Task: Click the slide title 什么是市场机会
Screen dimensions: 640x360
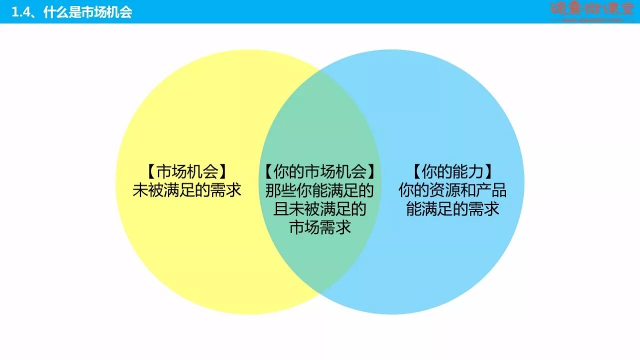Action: point(87,12)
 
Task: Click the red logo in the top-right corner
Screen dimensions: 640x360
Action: point(592,8)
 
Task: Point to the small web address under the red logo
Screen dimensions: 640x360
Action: point(592,20)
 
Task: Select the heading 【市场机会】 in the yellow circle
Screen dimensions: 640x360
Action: point(187,172)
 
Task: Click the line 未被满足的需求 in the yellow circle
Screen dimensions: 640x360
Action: point(187,190)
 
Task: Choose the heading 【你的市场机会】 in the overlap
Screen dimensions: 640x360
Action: point(320,172)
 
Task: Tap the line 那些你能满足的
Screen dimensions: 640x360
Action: point(320,190)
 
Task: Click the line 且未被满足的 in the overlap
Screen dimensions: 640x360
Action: point(320,208)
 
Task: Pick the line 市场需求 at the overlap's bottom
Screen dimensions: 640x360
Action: point(320,227)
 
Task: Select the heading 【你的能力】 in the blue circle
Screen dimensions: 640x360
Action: point(452,172)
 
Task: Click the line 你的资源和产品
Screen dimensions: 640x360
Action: point(452,190)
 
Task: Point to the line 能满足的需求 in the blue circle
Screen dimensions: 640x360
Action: point(452,208)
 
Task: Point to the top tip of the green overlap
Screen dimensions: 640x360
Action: point(320,69)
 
